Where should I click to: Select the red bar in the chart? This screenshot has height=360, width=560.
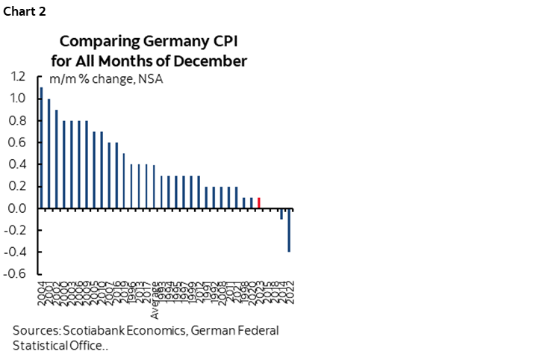click(258, 203)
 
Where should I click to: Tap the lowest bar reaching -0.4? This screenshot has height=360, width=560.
click(289, 231)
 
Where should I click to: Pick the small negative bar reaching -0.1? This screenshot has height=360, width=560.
click(281, 214)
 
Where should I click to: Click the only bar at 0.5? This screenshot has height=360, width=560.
click(123, 181)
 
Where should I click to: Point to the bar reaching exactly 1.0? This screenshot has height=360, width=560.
click(49, 154)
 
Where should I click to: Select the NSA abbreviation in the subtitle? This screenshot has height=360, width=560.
click(152, 78)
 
